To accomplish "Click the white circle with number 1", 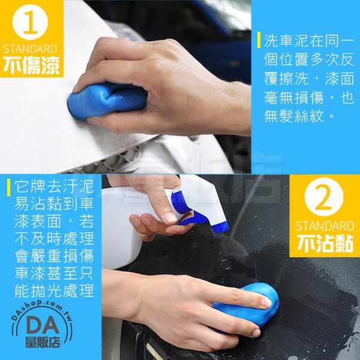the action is (x=30, y=22).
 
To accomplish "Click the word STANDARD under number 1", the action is (x=30, y=49).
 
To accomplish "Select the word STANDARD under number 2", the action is (x=325, y=226).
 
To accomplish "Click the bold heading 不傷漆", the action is (x=31, y=65).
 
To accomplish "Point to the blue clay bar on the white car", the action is (x=107, y=100).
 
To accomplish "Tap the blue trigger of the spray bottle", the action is (x=193, y=218).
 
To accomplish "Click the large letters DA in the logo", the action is (x=43, y=326).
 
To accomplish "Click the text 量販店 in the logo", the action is (x=43, y=343).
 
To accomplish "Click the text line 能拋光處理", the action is (x=54, y=291).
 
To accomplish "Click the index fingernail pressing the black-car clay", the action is (x=266, y=303).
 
